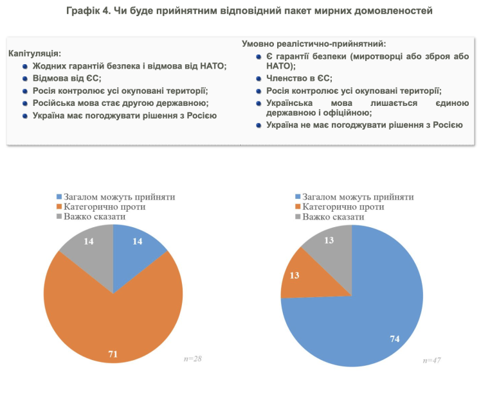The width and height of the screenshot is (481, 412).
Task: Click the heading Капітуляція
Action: [35, 53]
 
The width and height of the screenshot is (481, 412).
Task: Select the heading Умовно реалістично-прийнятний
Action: [314, 44]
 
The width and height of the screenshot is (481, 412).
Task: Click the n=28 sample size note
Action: [193, 358]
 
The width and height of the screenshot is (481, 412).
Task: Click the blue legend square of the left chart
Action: [60, 197]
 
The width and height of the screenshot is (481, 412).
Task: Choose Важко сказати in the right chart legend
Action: [333, 217]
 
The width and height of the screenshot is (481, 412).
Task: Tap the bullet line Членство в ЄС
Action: [299, 78]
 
